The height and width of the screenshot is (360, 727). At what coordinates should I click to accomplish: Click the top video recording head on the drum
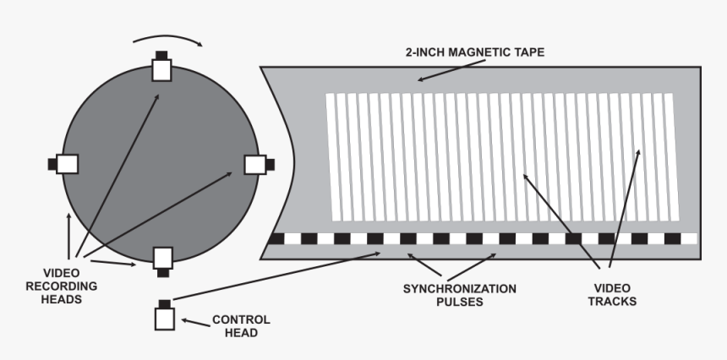[x=161, y=69]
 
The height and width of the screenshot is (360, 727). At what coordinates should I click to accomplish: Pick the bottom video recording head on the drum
[x=161, y=258]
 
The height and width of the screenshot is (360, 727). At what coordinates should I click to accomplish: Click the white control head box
[x=165, y=319]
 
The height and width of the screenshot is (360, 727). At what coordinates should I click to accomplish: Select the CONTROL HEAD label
[x=241, y=326]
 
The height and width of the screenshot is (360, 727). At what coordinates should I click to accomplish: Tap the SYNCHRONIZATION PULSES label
[x=458, y=295]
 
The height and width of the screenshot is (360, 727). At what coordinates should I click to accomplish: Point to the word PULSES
[x=458, y=302]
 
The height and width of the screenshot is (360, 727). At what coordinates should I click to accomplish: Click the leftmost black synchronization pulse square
[x=275, y=239]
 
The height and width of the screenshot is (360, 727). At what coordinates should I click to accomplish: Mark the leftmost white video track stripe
[x=331, y=152]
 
